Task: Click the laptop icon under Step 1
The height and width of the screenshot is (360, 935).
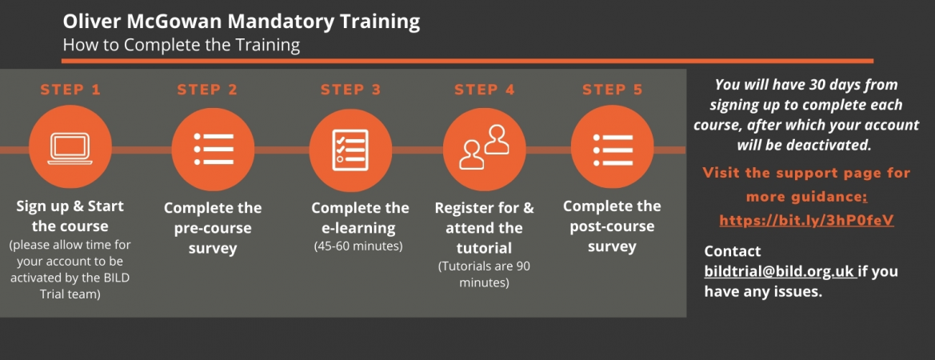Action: click(x=70, y=149)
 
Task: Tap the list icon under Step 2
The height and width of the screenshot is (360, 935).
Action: click(x=213, y=149)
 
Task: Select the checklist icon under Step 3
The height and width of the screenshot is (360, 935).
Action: click(x=350, y=149)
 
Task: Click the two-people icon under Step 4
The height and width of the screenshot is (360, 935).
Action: click(x=484, y=147)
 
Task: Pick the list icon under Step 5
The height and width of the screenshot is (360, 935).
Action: click(x=613, y=149)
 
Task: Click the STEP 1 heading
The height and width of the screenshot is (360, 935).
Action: click(x=70, y=90)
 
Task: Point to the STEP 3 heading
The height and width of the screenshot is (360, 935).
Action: click(x=350, y=90)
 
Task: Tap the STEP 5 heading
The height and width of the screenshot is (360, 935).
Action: click(x=613, y=90)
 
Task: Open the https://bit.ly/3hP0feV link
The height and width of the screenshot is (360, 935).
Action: click(x=806, y=221)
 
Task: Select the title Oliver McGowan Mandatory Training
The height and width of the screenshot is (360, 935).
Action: click(x=242, y=22)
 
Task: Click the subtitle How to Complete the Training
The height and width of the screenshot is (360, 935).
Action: click(x=182, y=46)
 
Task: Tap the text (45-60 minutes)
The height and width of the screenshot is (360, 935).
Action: click(x=358, y=246)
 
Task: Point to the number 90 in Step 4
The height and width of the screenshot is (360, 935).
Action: click(x=523, y=266)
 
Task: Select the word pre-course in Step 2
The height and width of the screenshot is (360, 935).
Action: click(x=213, y=228)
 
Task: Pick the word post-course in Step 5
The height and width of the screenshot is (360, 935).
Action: click(x=612, y=226)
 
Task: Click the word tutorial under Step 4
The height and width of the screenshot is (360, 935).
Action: click(x=484, y=248)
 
